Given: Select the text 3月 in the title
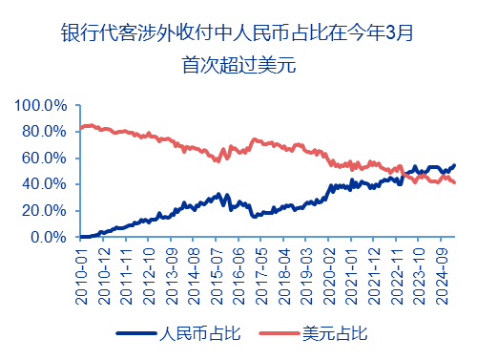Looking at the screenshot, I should (x=401, y=33).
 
